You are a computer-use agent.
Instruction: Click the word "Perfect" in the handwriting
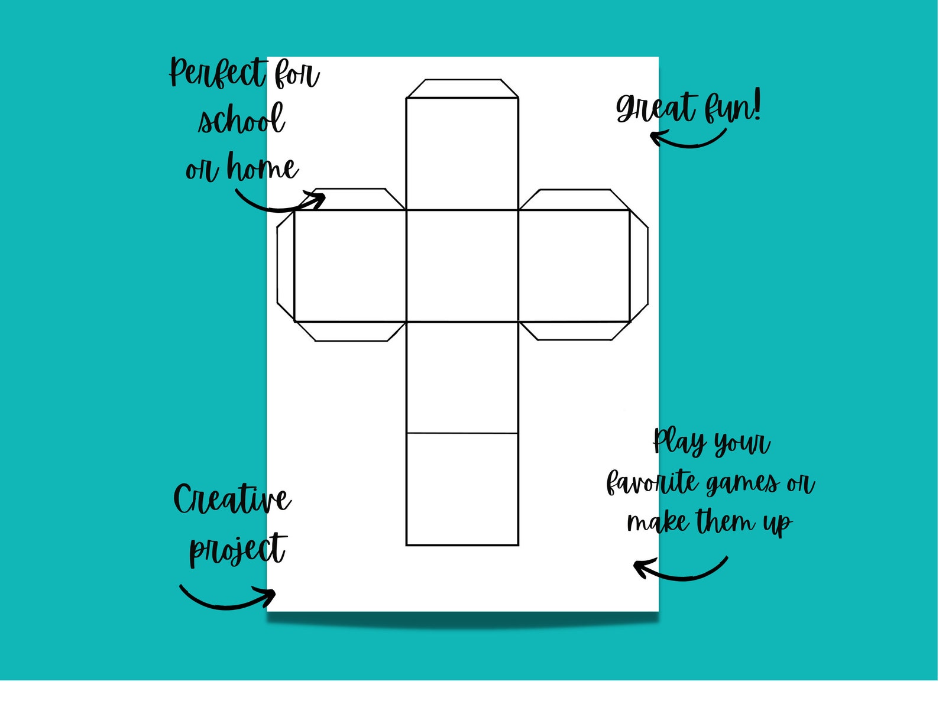pos(218,73)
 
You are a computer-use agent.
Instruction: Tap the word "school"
pos(241,120)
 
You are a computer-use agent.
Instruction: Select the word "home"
pos(263,168)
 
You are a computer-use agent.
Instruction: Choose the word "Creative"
pos(232,499)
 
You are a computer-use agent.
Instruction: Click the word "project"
pos(238,550)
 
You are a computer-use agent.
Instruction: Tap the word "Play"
pos(679,441)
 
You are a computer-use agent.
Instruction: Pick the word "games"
pos(743,484)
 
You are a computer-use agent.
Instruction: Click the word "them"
pos(725,521)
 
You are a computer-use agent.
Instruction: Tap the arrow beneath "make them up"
pos(680,570)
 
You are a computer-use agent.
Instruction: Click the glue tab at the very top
pos(462,89)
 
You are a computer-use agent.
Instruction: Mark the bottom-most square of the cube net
pos(462,489)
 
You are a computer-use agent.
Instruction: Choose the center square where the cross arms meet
pos(462,266)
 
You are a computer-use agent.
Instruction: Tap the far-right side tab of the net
pos(639,266)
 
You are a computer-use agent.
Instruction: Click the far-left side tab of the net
pos(286,266)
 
